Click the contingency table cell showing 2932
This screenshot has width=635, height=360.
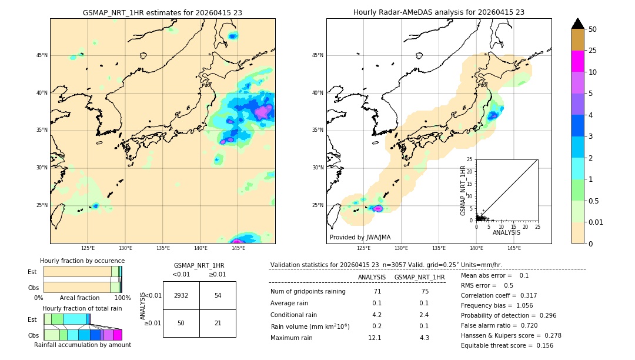click(x=181, y=295)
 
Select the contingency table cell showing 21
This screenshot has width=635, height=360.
click(x=218, y=324)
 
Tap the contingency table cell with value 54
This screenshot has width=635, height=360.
click(x=218, y=295)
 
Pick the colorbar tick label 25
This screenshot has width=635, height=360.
click(x=593, y=51)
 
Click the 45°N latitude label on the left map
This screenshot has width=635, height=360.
click(x=42, y=55)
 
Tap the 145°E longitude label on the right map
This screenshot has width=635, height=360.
click(x=514, y=249)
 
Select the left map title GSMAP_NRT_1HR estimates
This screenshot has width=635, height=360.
click(x=162, y=12)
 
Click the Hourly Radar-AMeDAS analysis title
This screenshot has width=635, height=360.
click(x=439, y=12)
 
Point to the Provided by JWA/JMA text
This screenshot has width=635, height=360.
click(x=360, y=237)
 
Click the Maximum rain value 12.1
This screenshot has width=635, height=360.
click(x=375, y=338)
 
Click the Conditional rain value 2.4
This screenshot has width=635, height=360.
click(x=424, y=315)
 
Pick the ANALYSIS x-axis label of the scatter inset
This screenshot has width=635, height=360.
click(x=506, y=232)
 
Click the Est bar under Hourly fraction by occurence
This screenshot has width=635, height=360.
click(x=82, y=272)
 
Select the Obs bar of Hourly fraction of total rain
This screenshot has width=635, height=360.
click(x=82, y=335)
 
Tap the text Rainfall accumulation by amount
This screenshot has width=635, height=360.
click(x=82, y=345)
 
